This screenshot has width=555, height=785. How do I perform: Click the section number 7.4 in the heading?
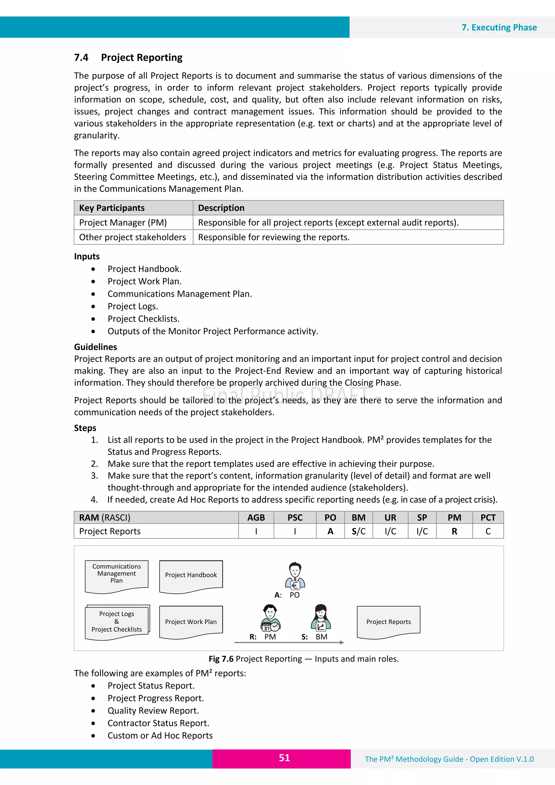[x=81, y=57]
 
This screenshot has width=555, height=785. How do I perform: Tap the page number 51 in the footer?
[x=284, y=758]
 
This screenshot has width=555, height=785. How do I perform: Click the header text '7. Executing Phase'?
[x=499, y=27]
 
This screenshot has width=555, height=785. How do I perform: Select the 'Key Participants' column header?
[x=112, y=208]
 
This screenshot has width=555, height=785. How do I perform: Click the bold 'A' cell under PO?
[x=330, y=531]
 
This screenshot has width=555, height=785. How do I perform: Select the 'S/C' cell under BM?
[x=358, y=531]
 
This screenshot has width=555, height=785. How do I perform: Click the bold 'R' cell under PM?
[x=454, y=531]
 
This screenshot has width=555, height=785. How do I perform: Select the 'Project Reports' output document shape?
[x=388, y=622]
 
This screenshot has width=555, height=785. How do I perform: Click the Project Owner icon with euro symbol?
[x=295, y=576]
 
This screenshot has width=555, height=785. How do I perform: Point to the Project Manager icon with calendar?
[x=270, y=618]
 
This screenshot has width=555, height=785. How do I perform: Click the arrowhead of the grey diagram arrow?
[x=342, y=642]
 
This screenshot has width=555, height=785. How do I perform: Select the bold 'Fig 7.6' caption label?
[x=221, y=659]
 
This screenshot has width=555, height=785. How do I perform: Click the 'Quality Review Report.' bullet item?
[x=153, y=710]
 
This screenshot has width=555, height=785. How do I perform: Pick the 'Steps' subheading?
[x=85, y=428]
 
